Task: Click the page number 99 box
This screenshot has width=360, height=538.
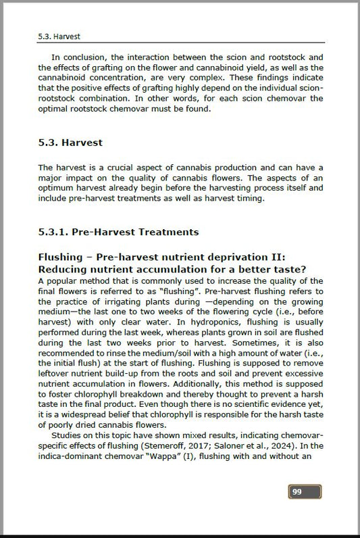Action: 304,491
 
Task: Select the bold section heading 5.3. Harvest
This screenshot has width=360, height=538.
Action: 70,143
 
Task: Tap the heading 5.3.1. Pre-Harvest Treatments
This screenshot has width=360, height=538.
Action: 119,232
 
